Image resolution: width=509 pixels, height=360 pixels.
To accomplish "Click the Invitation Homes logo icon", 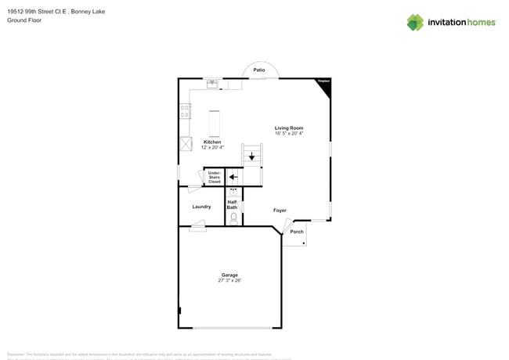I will [414, 22].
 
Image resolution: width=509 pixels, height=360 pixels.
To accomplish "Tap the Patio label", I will [258, 70].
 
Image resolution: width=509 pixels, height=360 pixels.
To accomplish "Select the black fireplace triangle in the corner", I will [325, 86].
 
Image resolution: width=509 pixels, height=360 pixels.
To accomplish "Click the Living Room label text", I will [289, 128].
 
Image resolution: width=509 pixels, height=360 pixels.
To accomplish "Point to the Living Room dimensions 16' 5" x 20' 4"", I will [289, 134].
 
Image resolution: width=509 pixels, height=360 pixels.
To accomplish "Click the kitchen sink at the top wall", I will [211, 83].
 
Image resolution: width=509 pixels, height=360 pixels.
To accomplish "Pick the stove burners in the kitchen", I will [185, 112].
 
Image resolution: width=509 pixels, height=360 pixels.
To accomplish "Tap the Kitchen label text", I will [212, 142].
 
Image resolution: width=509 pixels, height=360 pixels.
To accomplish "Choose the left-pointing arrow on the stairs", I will [233, 177].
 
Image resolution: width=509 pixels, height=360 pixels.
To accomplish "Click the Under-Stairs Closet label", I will [214, 178].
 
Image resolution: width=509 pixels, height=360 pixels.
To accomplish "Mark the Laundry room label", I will [201, 207].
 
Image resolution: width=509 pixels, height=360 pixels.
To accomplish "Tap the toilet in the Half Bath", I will [233, 217].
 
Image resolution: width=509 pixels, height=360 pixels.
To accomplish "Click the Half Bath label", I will [233, 204].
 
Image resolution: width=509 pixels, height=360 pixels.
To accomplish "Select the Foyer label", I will [280, 211].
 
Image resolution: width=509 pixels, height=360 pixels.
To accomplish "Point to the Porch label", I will [297, 232].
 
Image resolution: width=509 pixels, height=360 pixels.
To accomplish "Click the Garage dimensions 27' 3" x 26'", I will [229, 280].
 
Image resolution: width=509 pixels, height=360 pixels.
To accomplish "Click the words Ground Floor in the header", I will [24, 21].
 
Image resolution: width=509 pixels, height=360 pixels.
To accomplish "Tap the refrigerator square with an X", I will [186, 144].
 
